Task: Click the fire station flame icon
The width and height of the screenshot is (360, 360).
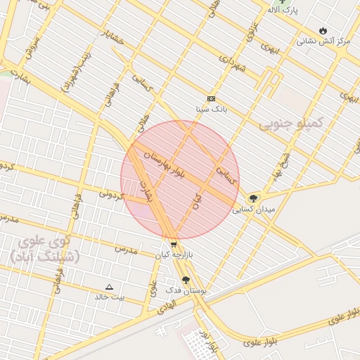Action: tap(323, 31)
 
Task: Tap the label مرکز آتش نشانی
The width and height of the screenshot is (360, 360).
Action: tap(323, 41)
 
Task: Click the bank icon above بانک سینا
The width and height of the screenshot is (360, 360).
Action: tap(212, 99)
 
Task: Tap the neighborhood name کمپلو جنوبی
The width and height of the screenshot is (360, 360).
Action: tap(290, 124)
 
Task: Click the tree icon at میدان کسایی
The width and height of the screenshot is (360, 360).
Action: tap(253, 198)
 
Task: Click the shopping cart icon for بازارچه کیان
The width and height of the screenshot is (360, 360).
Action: tap(174, 244)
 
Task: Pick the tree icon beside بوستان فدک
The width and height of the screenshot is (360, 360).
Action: tap(186, 280)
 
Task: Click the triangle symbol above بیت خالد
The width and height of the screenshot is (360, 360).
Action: tap(109, 287)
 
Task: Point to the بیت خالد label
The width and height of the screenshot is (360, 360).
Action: tap(109, 297)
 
